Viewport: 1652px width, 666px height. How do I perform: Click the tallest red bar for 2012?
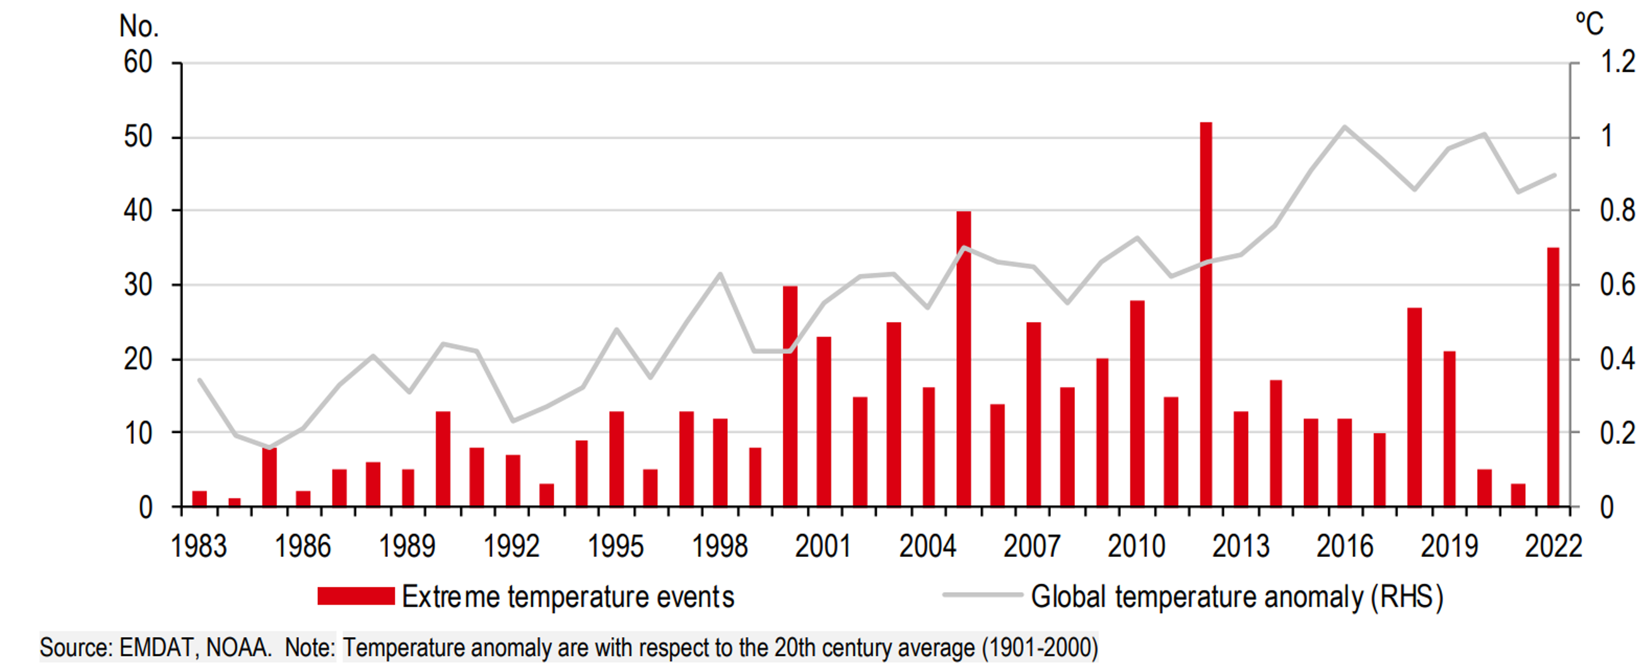[1205, 314]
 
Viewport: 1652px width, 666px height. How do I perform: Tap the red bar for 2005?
[963, 359]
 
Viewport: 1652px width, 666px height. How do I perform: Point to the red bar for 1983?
[199, 499]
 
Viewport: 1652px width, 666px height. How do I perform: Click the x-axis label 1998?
[720, 547]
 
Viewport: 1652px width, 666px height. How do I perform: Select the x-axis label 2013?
[1240, 547]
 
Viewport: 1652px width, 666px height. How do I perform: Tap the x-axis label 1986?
[303, 547]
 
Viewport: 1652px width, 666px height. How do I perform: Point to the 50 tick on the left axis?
[138, 136]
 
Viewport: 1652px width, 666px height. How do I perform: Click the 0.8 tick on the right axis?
[1617, 210]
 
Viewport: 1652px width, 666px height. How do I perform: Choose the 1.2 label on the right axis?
[1617, 62]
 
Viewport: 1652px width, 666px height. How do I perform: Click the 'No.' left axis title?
[139, 27]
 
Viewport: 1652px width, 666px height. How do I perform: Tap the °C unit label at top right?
[1589, 24]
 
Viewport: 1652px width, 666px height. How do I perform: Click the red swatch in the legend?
[356, 596]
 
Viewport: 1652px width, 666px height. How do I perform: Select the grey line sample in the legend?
[982, 595]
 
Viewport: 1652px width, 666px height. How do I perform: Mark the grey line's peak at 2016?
[1345, 127]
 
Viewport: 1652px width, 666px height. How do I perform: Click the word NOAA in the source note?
[237, 648]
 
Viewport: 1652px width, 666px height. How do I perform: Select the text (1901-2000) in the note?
[1040, 648]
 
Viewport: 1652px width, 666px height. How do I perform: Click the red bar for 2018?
[1414, 407]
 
